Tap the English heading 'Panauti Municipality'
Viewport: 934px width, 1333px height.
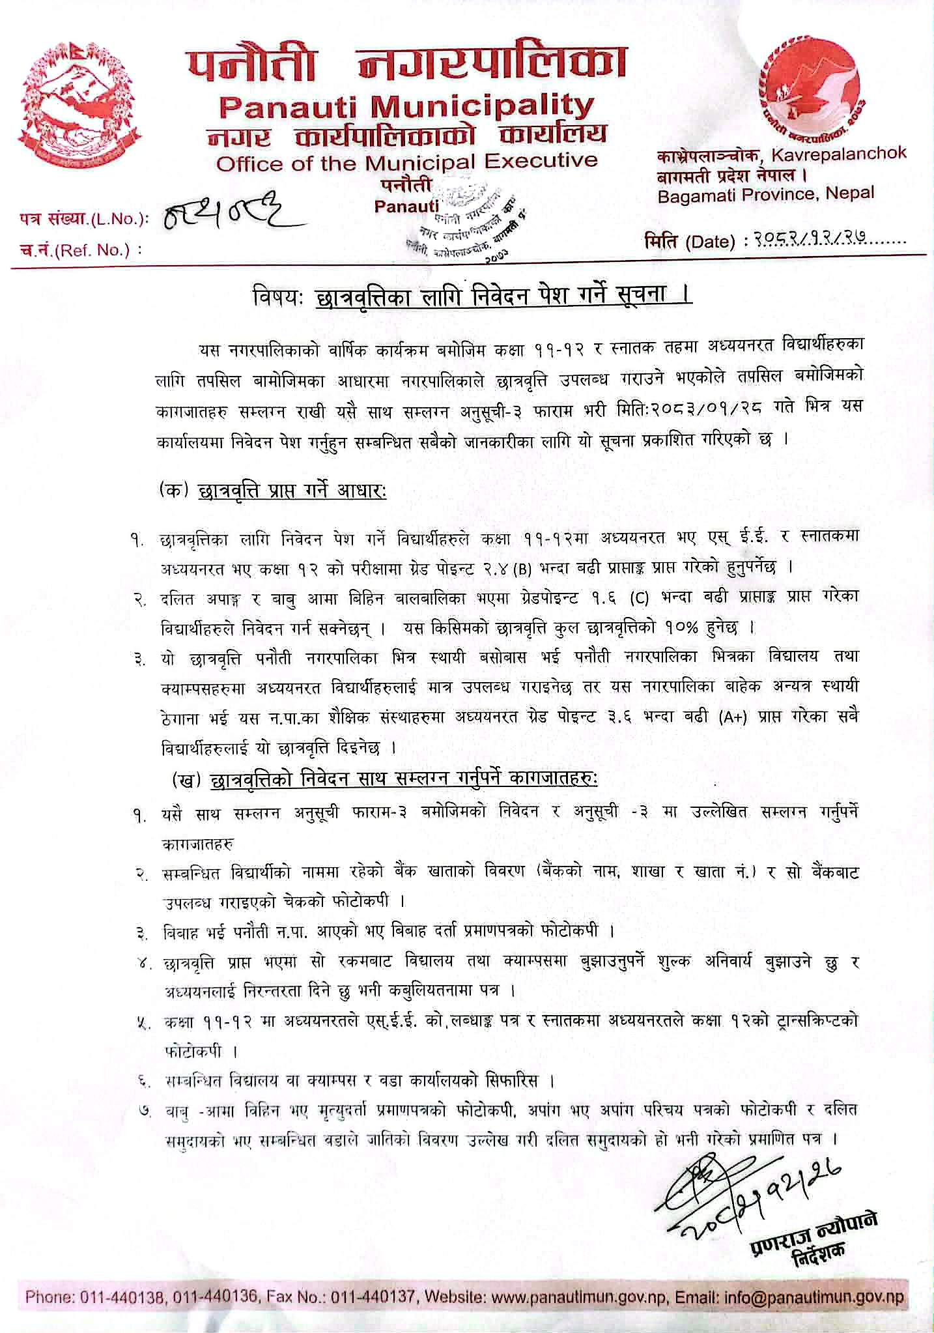coord(406,106)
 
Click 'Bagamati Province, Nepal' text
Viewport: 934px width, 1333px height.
coord(766,193)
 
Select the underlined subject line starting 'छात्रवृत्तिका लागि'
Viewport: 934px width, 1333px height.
coord(502,295)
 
